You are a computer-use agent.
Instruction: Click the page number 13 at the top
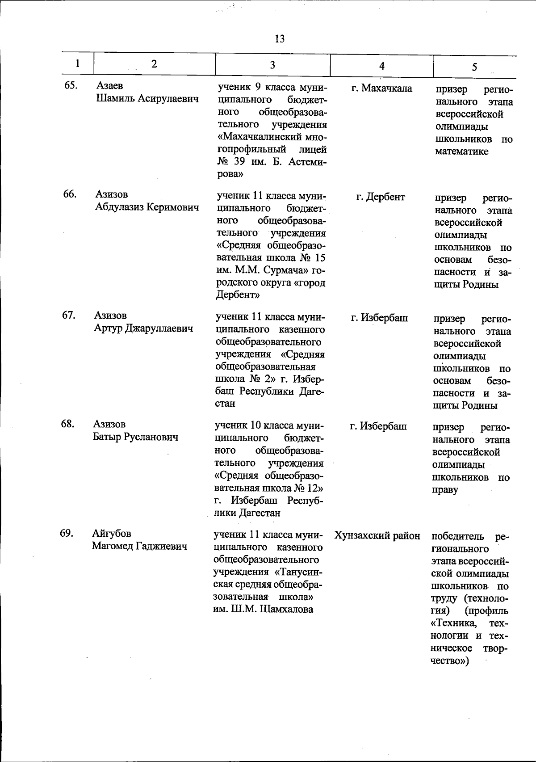280,39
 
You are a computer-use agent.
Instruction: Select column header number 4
381,66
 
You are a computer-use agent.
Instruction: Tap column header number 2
154,64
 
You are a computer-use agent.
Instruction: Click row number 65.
71,86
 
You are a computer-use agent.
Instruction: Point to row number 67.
69,315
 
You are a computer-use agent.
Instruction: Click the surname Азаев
109,86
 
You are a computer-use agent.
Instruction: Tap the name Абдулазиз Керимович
147,207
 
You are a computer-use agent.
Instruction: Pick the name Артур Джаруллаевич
143,328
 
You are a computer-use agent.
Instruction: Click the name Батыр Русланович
135,437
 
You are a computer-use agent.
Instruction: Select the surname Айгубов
112,533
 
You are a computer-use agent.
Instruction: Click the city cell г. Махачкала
381,88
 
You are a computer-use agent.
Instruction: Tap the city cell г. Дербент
381,197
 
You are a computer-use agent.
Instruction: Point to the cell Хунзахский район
377,535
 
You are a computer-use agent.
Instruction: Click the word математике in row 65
461,152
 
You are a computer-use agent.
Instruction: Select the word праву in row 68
445,490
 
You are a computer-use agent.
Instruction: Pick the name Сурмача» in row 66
286,270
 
